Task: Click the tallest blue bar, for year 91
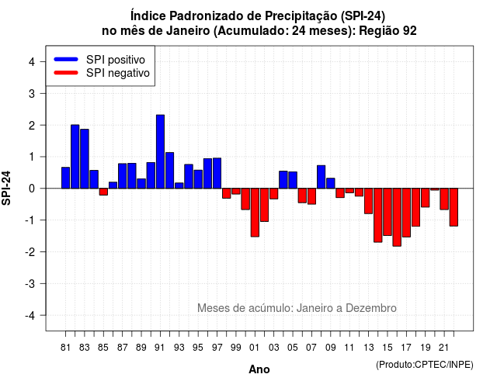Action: [160, 152]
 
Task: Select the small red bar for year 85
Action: [103, 192]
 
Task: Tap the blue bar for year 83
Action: [85, 158]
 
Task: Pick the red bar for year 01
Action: [255, 213]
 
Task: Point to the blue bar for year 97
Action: [217, 173]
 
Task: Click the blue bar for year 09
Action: [331, 183]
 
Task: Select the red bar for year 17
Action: [406, 213]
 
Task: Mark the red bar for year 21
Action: [444, 199]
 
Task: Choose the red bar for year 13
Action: [368, 201]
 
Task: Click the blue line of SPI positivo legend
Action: [66, 59]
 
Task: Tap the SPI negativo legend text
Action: [118, 73]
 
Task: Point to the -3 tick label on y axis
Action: [30, 284]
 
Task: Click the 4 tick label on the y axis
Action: [32, 62]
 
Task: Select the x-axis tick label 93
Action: [179, 348]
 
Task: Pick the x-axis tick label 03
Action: [274, 348]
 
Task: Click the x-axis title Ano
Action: [259, 369]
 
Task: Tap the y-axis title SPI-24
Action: [6, 188]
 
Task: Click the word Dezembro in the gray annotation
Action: [371, 308]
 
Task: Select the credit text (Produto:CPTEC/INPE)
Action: [425, 365]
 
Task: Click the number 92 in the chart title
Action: [410, 31]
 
